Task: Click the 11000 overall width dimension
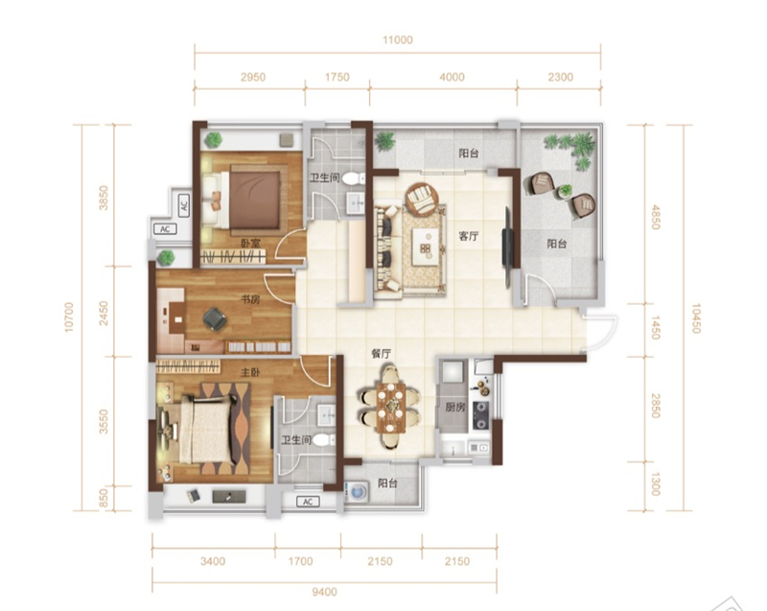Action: pos(398,40)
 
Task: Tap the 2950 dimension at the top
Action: pos(253,77)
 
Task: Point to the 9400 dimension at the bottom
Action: pos(324,592)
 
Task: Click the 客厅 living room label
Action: pos(468,236)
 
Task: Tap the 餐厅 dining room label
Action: pos(381,354)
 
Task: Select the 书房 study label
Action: pos(250,299)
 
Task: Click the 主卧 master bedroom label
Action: pos(250,373)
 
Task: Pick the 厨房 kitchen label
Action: pos(454,407)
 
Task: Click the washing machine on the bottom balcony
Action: pos(357,491)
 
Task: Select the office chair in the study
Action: pos(215,318)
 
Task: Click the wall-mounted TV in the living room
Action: pos(508,247)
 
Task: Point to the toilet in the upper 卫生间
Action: pos(354,179)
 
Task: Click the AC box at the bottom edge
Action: pos(308,502)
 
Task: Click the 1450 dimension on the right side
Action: pos(656,328)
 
